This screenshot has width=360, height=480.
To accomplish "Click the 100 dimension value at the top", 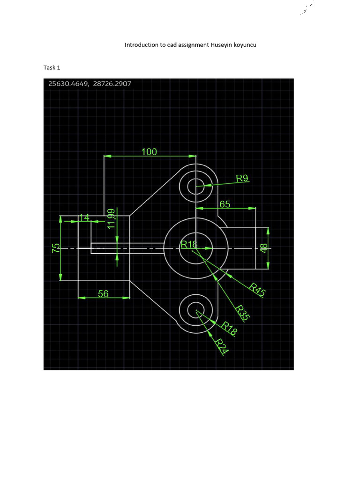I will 149,152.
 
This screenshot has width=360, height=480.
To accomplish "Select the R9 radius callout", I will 242,178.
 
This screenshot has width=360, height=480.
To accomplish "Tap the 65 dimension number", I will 225,204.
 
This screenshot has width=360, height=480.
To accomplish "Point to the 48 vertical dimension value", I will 263,248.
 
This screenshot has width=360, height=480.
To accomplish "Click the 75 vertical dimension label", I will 56,248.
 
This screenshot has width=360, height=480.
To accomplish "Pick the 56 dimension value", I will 103,294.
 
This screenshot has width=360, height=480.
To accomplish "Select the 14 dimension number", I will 84,217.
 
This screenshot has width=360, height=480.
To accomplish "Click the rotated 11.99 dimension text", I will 111,219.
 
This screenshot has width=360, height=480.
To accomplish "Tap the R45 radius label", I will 257,290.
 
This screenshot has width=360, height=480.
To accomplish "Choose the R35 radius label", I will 242,313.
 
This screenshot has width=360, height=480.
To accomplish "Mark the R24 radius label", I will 221,346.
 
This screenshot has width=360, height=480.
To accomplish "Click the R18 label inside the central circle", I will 189,244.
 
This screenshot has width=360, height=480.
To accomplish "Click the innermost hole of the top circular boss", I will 195,187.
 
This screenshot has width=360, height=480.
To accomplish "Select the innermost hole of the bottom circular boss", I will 195,310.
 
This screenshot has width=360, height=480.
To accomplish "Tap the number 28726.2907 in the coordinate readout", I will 112,84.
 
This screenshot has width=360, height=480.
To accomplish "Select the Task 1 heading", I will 52,67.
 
